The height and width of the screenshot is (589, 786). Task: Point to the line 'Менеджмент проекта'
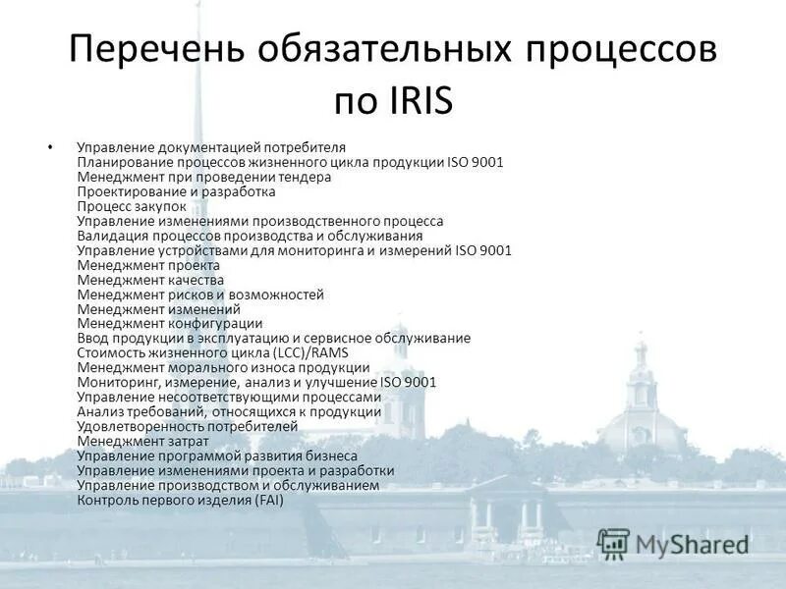tap(148, 265)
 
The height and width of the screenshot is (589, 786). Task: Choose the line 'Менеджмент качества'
tap(150, 280)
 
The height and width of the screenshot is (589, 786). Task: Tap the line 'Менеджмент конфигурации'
tap(170, 323)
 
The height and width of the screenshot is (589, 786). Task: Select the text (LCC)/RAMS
tap(307, 352)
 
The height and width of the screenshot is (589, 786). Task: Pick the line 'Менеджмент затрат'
tap(142, 441)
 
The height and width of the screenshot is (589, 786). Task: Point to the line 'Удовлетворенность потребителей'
tap(187, 426)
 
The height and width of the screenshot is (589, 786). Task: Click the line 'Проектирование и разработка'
tap(176, 191)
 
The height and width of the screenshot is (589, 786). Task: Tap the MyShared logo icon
tap(613, 543)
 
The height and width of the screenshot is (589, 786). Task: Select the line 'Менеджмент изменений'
tap(158, 309)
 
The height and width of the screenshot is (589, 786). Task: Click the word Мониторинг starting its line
tap(117, 382)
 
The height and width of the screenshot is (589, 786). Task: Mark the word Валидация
tap(113, 236)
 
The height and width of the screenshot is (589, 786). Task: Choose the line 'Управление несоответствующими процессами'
tap(229, 397)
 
